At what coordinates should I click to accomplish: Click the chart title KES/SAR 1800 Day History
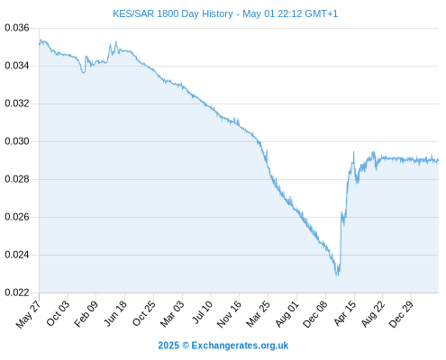(173, 14)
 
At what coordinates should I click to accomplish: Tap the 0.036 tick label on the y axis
(17, 28)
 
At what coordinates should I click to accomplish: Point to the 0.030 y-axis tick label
(17, 141)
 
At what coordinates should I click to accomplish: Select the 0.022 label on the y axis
(17, 292)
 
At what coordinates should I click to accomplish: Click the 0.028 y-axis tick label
(17, 179)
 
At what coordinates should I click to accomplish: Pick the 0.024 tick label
(17, 255)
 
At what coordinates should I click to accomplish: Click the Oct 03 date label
(58, 313)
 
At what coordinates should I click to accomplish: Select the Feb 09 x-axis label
(86, 313)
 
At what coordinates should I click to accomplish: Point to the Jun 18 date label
(115, 313)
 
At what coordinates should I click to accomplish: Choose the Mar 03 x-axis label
(172, 314)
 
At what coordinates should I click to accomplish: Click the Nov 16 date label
(229, 314)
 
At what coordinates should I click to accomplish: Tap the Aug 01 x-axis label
(287, 314)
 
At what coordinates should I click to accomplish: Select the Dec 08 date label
(315, 314)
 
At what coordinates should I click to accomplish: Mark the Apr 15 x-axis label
(345, 313)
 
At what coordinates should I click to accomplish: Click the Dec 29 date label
(401, 314)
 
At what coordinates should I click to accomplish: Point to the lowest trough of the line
(337, 275)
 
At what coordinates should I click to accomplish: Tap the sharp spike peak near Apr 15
(353, 152)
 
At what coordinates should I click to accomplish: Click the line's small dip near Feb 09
(84, 73)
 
